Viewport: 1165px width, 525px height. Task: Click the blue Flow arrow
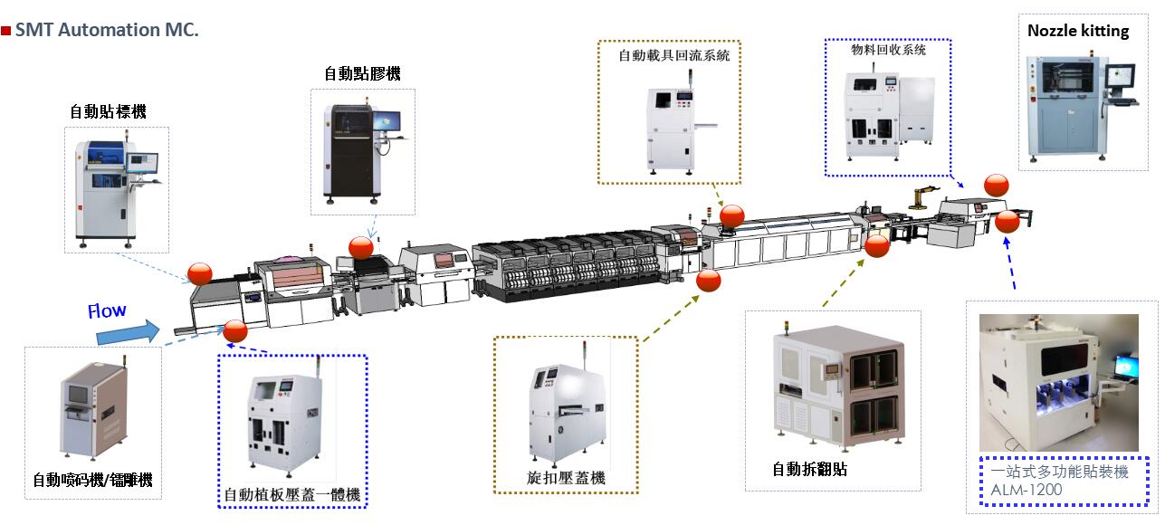click(x=129, y=332)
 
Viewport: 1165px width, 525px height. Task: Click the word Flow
click(x=107, y=310)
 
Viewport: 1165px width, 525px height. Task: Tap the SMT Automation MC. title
click(x=107, y=30)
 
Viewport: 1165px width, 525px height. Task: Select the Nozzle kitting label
click(x=1078, y=31)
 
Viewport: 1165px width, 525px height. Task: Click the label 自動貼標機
click(x=109, y=111)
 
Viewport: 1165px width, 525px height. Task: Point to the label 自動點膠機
click(x=362, y=73)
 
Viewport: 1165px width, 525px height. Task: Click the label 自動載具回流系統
click(x=674, y=55)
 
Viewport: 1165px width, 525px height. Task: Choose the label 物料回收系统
click(x=888, y=50)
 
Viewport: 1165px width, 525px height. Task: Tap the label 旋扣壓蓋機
click(x=566, y=478)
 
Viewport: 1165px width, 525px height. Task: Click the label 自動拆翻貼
click(x=809, y=469)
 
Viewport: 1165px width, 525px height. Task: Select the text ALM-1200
click(x=1027, y=490)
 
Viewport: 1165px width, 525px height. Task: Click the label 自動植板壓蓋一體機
click(x=292, y=494)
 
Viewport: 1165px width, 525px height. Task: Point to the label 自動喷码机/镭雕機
click(x=92, y=480)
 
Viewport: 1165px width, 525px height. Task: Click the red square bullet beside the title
click(x=5, y=31)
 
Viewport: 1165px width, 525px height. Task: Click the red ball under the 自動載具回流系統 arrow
click(x=731, y=216)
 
